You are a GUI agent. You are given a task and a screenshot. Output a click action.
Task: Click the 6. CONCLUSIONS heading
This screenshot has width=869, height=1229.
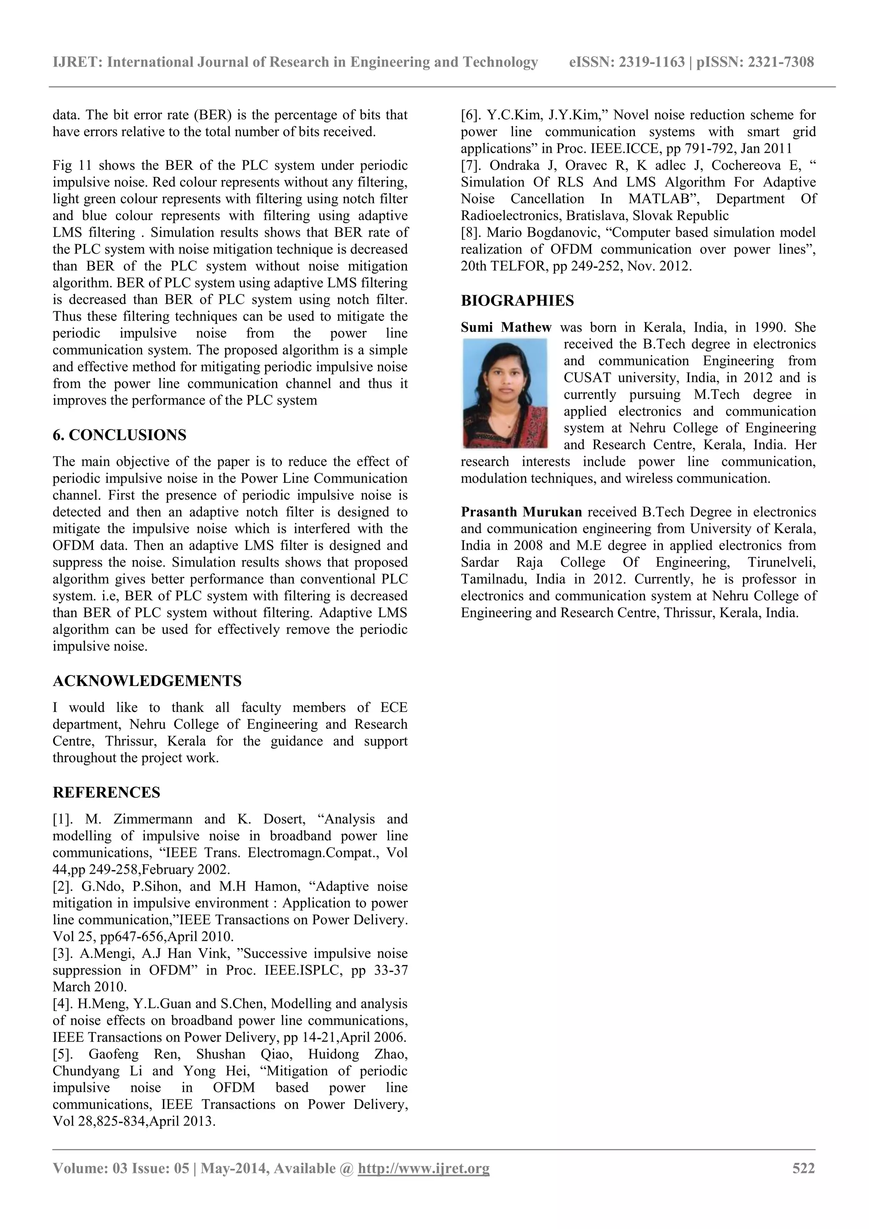tap(119, 435)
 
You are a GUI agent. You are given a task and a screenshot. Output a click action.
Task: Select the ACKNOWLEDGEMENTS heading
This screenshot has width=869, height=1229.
tap(147, 681)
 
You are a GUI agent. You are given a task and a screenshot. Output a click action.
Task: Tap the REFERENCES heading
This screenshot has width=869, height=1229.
tap(106, 792)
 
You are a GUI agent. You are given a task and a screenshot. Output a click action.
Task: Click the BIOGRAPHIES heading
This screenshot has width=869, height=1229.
tap(517, 301)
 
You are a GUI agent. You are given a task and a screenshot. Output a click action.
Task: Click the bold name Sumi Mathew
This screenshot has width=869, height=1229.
tap(506, 328)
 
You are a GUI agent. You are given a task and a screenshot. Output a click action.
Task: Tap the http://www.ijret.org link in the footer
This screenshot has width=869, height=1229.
tap(423, 1168)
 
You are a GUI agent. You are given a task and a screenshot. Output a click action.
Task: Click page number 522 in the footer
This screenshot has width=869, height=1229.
tap(803, 1168)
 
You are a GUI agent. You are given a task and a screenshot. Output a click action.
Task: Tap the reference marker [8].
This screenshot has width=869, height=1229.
tap(473, 233)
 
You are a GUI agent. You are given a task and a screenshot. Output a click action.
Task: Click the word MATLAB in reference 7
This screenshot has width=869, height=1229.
tap(659, 199)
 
